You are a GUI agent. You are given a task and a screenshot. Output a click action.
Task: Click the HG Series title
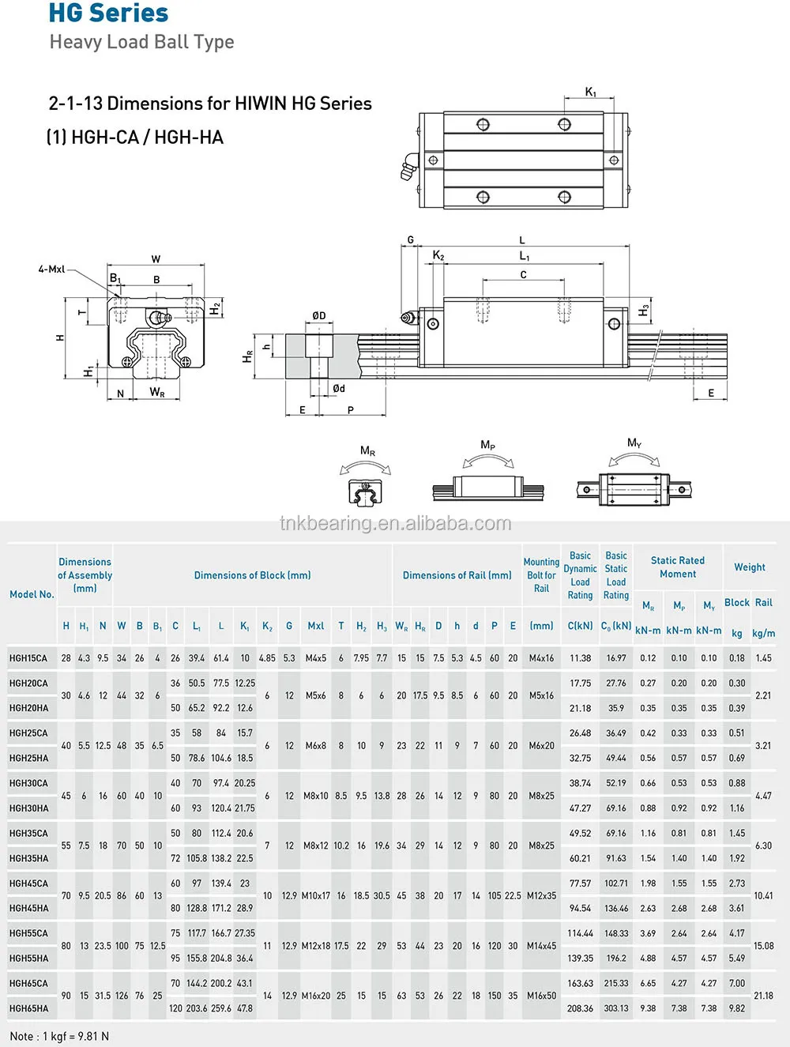[108, 13]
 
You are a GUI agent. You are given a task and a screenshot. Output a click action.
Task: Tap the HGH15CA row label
[28, 658]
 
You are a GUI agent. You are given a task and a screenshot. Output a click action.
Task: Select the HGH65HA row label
[28, 1008]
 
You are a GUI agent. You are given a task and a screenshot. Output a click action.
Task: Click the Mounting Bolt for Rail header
[541, 575]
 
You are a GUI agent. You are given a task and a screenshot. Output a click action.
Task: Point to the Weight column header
[749, 567]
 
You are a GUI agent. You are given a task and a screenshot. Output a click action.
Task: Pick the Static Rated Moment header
[678, 567]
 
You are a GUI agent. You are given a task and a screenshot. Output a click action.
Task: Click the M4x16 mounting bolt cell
[541, 658]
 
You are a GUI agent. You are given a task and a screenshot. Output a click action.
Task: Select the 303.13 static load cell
[616, 1008]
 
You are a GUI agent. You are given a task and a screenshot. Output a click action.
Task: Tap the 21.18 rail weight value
[763, 996]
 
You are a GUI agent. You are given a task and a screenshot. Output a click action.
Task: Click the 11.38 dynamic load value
[580, 658]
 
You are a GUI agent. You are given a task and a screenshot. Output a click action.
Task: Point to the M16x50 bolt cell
[541, 996]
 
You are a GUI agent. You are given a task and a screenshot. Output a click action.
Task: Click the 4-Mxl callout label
[51, 269]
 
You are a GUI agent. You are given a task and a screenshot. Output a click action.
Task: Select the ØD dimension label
[319, 315]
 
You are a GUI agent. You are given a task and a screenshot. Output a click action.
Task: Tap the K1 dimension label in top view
[591, 92]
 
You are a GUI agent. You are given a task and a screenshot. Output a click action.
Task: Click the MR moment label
[367, 451]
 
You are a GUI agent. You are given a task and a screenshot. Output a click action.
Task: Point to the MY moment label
[634, 443]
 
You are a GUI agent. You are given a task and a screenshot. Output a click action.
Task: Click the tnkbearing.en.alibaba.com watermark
[395, 523]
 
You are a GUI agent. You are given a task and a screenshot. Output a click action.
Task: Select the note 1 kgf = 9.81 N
[59, 1036]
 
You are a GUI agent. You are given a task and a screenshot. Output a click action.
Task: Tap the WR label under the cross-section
[157, 393]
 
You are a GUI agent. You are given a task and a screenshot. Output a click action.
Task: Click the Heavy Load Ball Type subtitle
[141, 42]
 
